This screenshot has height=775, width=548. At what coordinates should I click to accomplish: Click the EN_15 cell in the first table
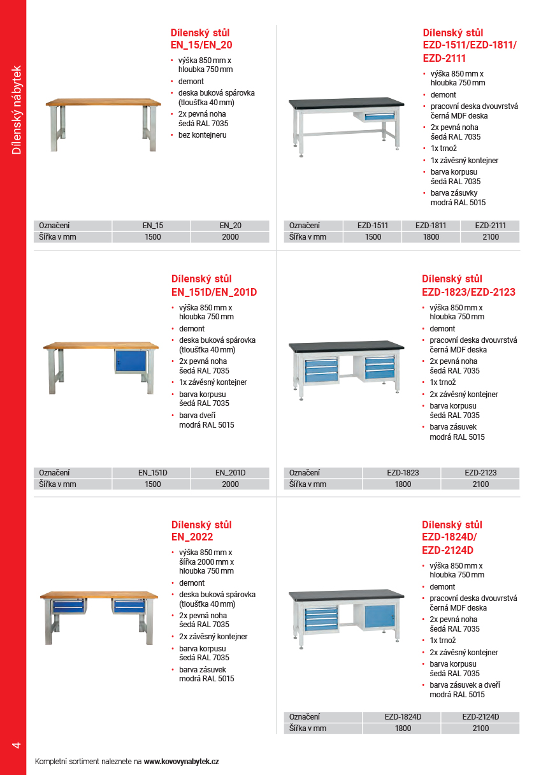[152, 226]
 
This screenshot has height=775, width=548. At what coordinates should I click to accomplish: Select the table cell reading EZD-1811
[431, 226]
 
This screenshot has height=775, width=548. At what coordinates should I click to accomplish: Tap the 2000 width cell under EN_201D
[230, 484]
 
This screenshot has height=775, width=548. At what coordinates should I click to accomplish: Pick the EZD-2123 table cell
[480, 473]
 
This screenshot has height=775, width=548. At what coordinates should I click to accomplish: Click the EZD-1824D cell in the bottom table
[403, 717]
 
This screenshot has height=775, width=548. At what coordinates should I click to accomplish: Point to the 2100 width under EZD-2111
[490, 237]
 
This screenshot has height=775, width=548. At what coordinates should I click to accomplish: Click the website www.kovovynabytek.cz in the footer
[182, 762]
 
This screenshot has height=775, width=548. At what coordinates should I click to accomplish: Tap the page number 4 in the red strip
[17, 745]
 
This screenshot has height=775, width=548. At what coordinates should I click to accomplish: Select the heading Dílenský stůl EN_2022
[201, 531]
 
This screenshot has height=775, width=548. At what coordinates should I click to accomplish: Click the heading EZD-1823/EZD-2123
[468, 286]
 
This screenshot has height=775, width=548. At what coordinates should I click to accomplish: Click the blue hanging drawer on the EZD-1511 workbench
[379, 115]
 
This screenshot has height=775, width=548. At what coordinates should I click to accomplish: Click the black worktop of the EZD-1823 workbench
[346, 346]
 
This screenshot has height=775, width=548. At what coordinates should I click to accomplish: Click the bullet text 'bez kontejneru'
[202, 135]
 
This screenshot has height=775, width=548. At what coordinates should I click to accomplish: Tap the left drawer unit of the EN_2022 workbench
[68, 605]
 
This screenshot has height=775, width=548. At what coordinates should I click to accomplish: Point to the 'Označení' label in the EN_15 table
[55, 226]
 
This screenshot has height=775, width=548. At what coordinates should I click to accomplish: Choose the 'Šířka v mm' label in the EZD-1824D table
[308, 728]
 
